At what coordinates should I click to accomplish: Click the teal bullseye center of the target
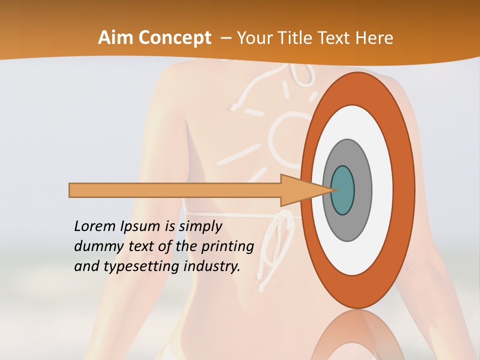(343, 190)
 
